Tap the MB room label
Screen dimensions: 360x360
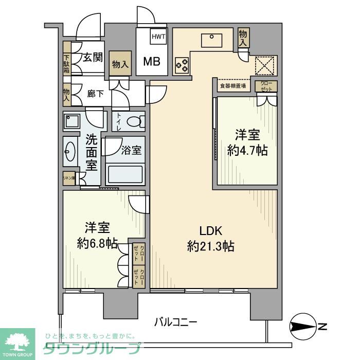click(151, 62)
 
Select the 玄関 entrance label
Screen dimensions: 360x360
click(93, 57)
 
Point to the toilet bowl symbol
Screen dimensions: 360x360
click(135, 122)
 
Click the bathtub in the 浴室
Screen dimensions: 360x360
click(125, 175)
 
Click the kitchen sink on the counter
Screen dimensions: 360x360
click(212, 40)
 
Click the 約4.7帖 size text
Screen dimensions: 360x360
click(247, 152)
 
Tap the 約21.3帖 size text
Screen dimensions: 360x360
click(211, 246)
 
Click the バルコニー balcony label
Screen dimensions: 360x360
click(176, 323)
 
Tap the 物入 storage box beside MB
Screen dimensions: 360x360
click(121, 64)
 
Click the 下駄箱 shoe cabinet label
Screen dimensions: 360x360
click(67, 64)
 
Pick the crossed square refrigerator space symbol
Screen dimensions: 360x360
click(266, 65)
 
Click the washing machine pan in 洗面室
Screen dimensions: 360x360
click(71, 121)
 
